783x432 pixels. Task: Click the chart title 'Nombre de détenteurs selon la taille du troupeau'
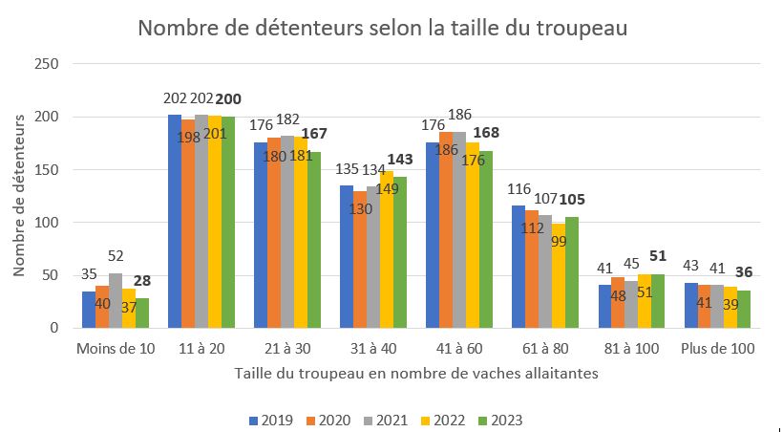383,28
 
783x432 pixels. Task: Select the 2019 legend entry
271,421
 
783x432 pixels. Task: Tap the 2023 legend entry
500,421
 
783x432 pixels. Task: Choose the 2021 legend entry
386,421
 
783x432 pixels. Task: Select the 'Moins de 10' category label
116,349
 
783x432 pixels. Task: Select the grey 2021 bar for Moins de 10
116,301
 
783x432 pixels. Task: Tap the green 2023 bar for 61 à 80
572,272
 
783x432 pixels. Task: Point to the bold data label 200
229,99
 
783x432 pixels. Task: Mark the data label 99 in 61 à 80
558,241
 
